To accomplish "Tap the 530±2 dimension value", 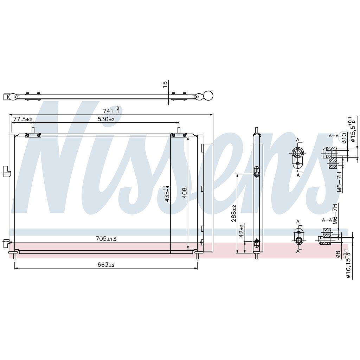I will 106,120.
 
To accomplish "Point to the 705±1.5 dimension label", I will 106,239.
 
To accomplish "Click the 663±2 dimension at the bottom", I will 106,265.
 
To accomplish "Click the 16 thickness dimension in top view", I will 165,84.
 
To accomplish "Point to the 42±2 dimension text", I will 242,231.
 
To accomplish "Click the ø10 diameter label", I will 344,137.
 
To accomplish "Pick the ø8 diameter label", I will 339,254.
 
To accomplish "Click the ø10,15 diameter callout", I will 348,264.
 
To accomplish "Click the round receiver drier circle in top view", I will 208,96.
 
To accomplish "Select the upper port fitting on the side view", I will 257,174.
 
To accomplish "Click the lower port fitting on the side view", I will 257,241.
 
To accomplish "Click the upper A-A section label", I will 334,135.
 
